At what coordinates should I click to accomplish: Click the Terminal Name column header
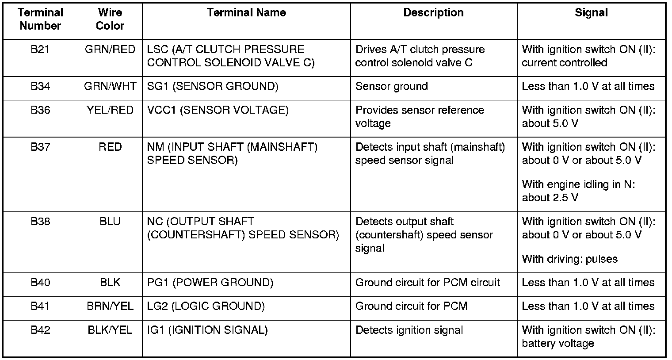[x=246, y=13]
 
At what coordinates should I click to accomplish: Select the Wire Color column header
[x=110, y=19]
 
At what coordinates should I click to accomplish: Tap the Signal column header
[x=591, y=13]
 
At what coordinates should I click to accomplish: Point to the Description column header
[x=433, y=13]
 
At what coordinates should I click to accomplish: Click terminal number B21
[x=40, y=50]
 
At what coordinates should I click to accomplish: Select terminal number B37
[x=40, y=147]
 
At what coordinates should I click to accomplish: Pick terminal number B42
[x=40, y=330]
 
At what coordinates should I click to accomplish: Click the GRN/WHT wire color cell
[x=110, y=86]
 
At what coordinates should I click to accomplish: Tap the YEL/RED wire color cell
[x=110, y=110]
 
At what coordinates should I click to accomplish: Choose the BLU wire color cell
[x=110, y=222]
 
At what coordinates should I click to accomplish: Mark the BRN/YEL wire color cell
[x=110, y=306]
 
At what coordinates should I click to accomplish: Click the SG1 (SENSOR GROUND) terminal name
[x=213, y=86]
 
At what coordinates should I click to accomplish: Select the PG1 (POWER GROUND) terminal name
[x=210, y=283]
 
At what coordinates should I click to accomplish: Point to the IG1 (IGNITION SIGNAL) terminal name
[x=207, y=330]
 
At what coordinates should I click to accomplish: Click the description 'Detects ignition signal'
[x=409, y=330]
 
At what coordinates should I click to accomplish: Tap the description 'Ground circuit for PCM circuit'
[x=428, y=283]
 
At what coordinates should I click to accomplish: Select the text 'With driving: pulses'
[x=569, y=259]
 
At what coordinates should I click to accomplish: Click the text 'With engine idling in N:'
[x=578, y=184]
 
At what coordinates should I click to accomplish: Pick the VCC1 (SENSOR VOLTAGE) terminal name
[x=218, y=110]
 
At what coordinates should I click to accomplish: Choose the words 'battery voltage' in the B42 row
[x=557, y=344]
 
